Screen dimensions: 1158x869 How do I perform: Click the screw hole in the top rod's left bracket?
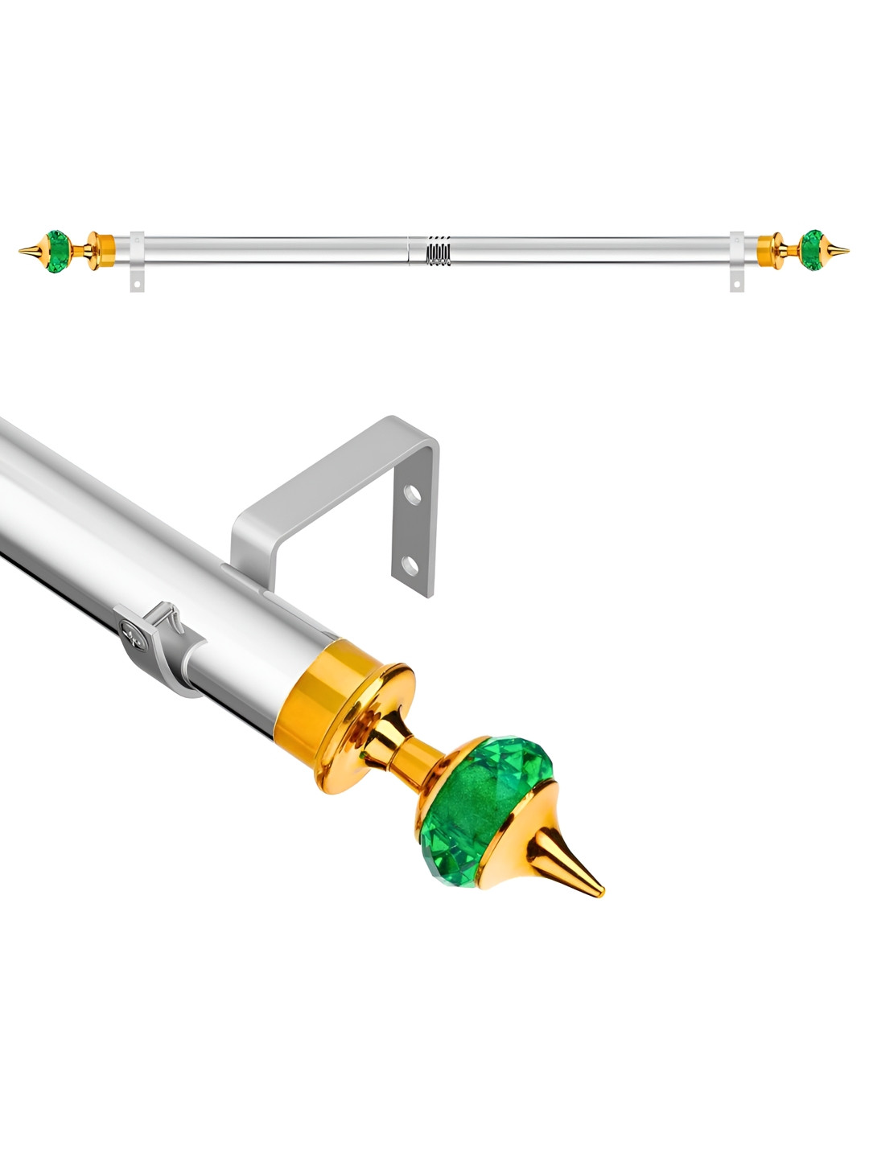click(138, 283)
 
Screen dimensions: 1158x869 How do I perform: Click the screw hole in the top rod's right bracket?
click(737, 281)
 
